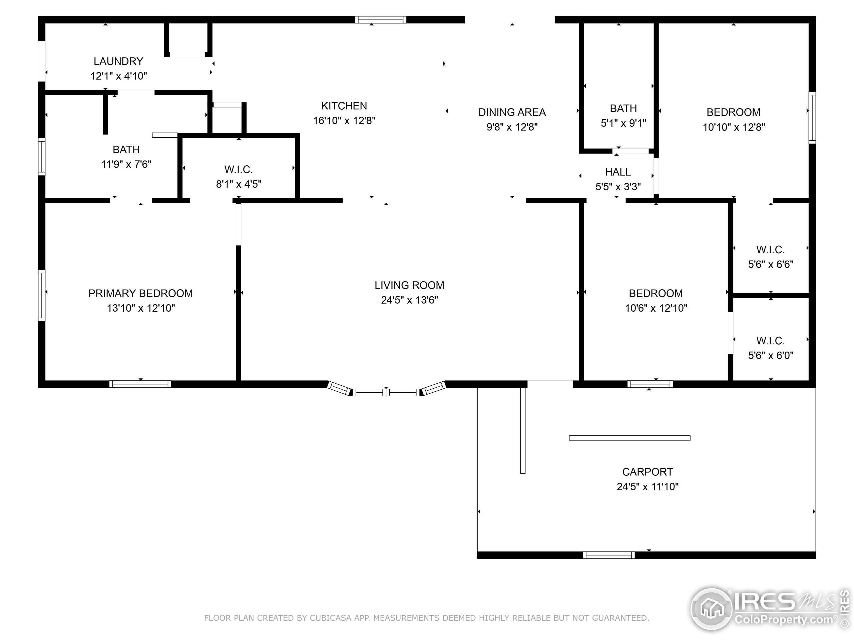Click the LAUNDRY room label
(118, 61)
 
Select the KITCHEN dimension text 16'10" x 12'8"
(344, 121)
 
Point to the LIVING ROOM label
(409, 285)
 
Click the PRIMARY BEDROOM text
(140, 294)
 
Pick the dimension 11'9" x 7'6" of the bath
(126, 164)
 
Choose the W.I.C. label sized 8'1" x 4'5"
(238, 169)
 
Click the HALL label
(617, 172)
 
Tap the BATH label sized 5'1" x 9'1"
(623, 108)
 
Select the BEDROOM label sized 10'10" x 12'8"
(733, 112)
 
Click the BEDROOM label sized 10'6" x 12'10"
(655, 294)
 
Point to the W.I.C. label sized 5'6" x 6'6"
(770, 250)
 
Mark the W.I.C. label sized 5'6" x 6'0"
(770, 341)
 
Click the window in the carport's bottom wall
(608, 555)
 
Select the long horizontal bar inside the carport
(629, 438)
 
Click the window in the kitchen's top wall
(380, 20)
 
